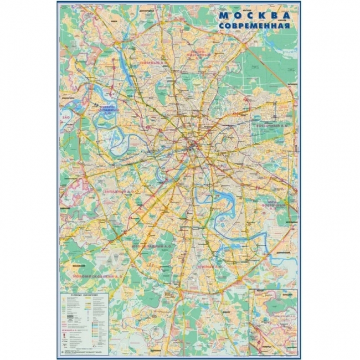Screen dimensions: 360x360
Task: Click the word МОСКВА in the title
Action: coord(254,14)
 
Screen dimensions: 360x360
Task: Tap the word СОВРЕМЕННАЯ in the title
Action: coord(254,26)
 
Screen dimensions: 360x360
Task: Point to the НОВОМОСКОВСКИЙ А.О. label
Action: coord(99,275)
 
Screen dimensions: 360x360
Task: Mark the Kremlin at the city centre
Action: coord(191,145)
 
